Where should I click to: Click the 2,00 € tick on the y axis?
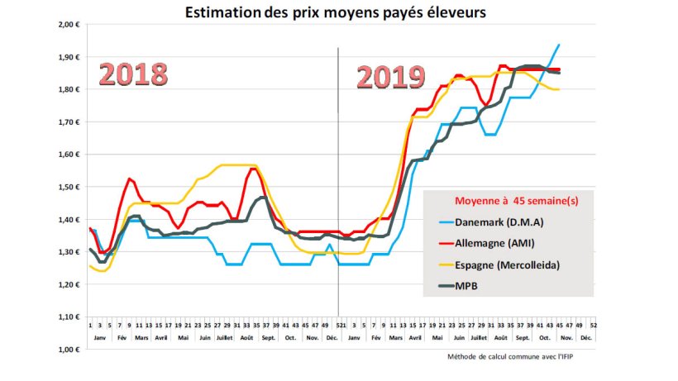tap(67, 25)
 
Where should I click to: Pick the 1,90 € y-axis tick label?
tap(67, 57)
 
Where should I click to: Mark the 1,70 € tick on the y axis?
tap(67, 122)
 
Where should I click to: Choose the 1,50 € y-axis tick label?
tap(67, 187)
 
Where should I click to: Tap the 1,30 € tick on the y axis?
tap(67, 252)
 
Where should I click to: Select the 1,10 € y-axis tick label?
tap(67, 317)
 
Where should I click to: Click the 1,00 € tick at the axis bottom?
tap(67, 350)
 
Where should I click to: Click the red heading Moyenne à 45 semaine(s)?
tap(509, 201)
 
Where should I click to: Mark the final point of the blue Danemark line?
tap(560, 45)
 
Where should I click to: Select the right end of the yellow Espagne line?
tap(560, 89)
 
